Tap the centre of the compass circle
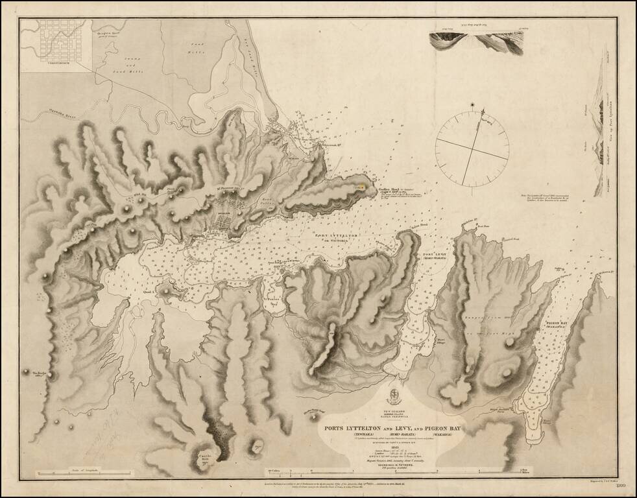tap(471, 148)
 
